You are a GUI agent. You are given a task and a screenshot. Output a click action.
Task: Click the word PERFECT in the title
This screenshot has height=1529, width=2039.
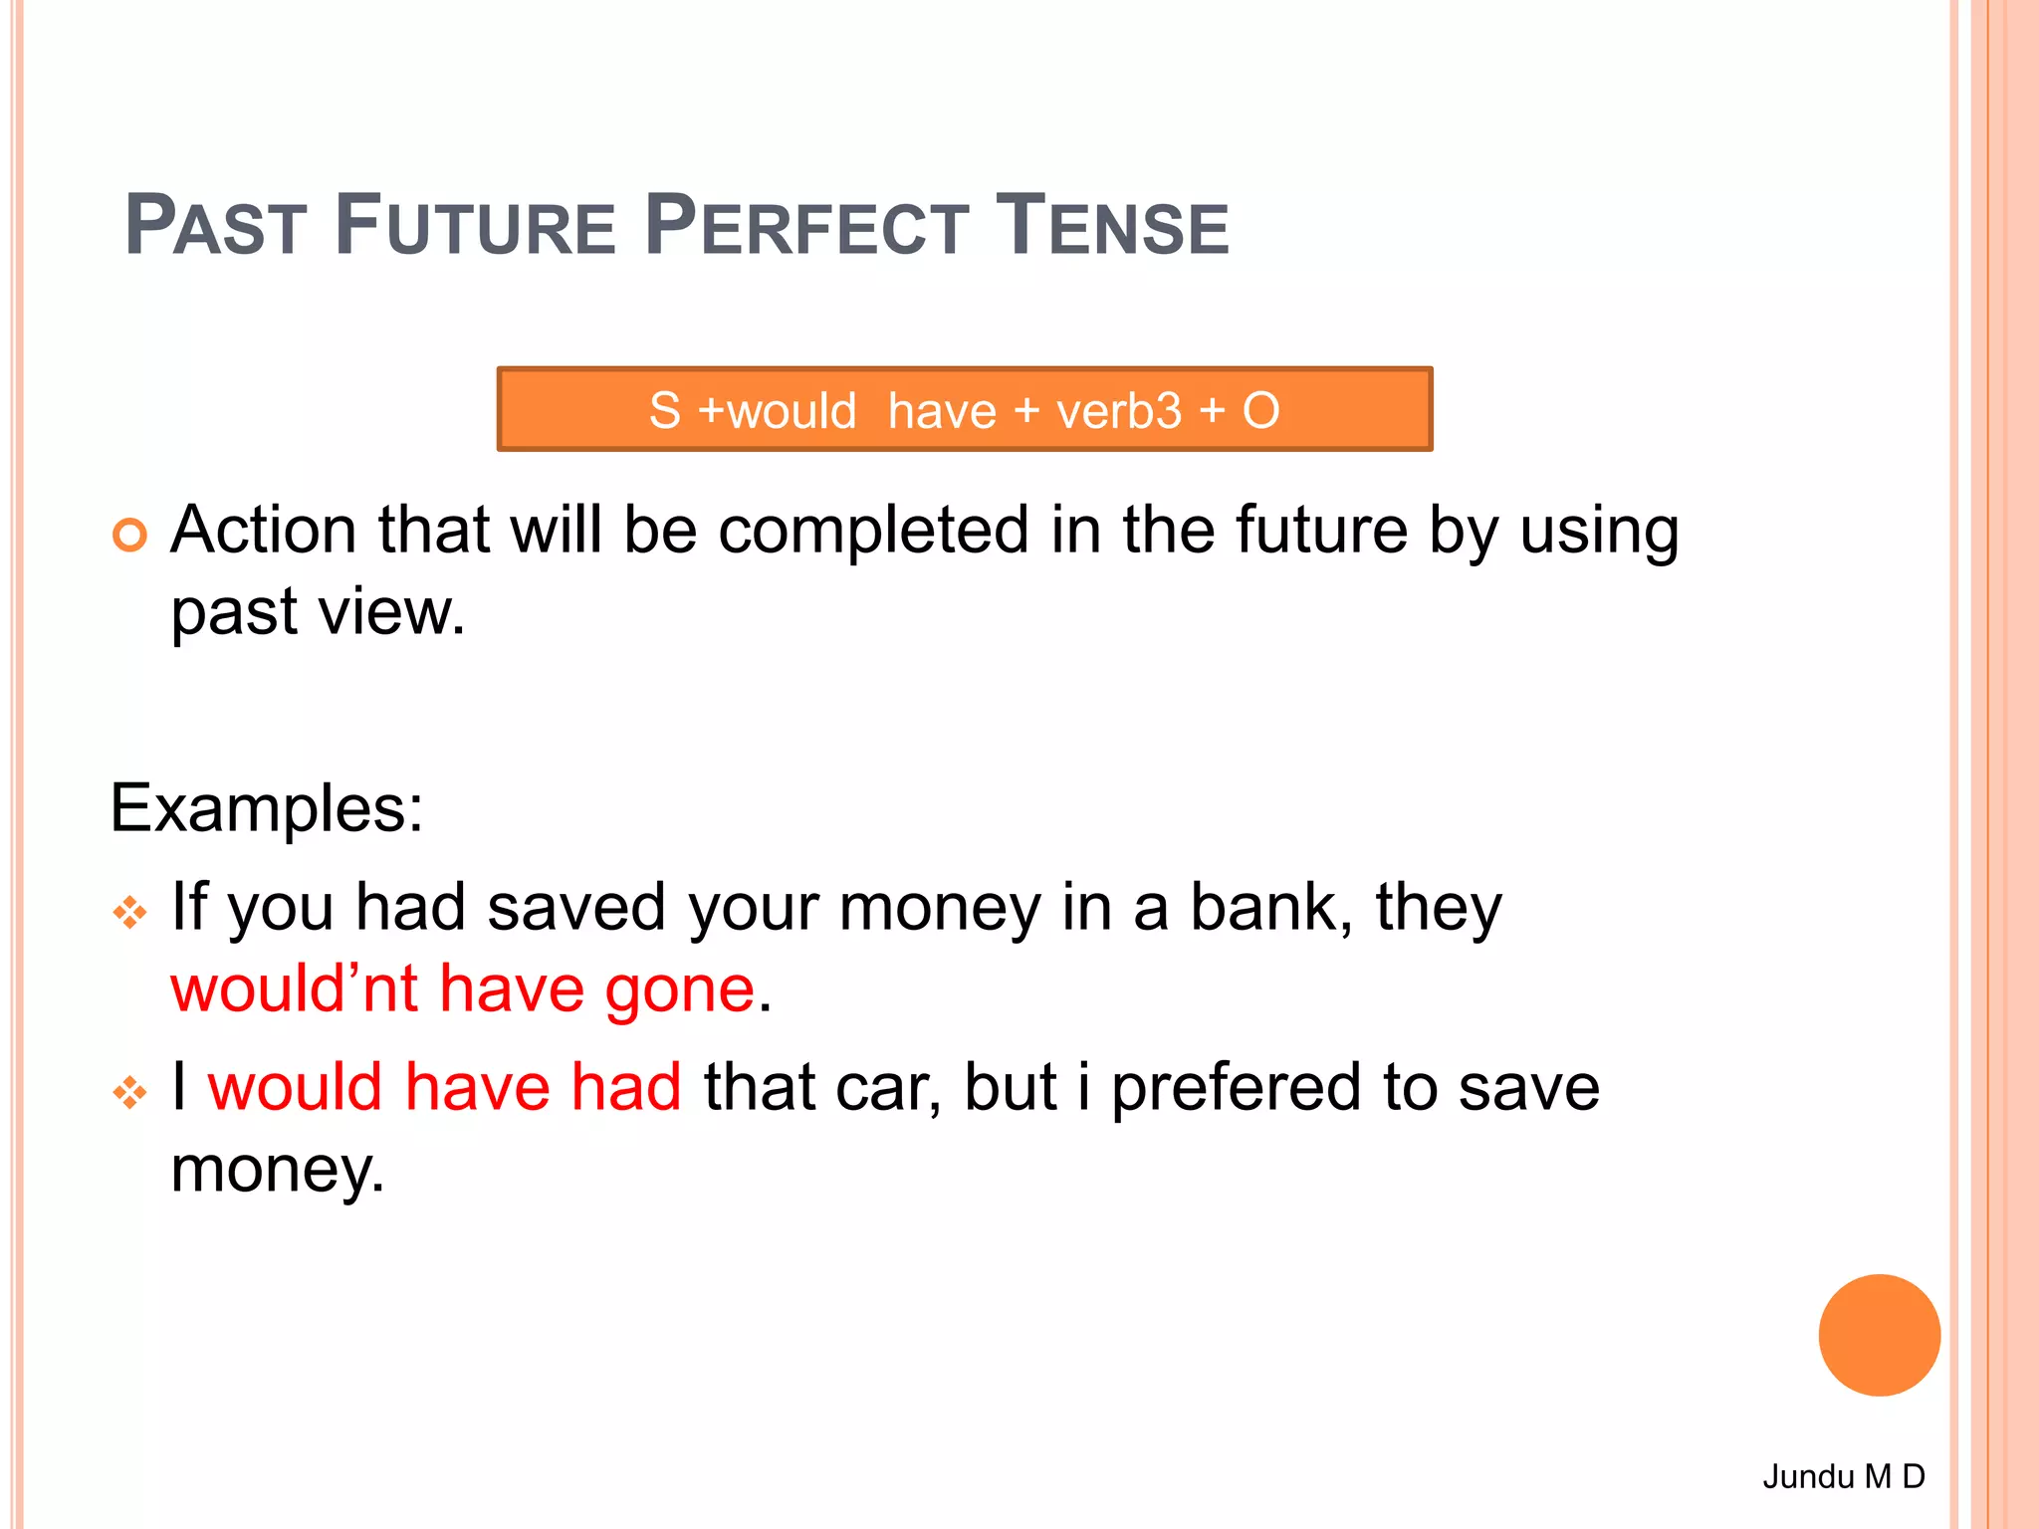[x=806, y=227]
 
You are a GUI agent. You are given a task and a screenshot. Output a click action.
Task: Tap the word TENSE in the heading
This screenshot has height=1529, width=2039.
[x=1112, y=227]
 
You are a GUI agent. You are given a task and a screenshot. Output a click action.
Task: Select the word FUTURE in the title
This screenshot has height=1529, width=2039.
[x=475, y=227]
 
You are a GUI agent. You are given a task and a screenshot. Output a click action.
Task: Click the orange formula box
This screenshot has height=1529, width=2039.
[x=964, y=409]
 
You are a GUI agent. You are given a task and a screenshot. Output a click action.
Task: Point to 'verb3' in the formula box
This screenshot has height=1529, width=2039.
[x=1118, y=411]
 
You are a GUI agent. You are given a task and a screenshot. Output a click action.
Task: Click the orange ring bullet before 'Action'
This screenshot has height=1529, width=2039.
[x=129, y=535]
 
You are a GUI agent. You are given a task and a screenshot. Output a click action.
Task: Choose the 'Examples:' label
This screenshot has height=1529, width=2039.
[x=267, y=807]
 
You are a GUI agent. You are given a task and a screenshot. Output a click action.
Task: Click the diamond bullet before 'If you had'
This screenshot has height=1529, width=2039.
[x=129, y=912]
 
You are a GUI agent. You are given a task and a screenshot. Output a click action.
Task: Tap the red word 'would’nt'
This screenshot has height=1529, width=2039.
[x=294, y=989]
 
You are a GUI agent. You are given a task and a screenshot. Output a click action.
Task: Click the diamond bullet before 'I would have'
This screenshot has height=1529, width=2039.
[x=129, y=1092]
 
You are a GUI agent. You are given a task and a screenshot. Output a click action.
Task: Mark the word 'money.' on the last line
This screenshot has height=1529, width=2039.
[x=277, y=1170]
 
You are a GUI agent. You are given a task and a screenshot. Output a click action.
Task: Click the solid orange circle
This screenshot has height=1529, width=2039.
[x=1879, y=1335]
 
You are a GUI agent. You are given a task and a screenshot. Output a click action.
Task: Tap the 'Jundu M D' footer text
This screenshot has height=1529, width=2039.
[x=1844, y=1475]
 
